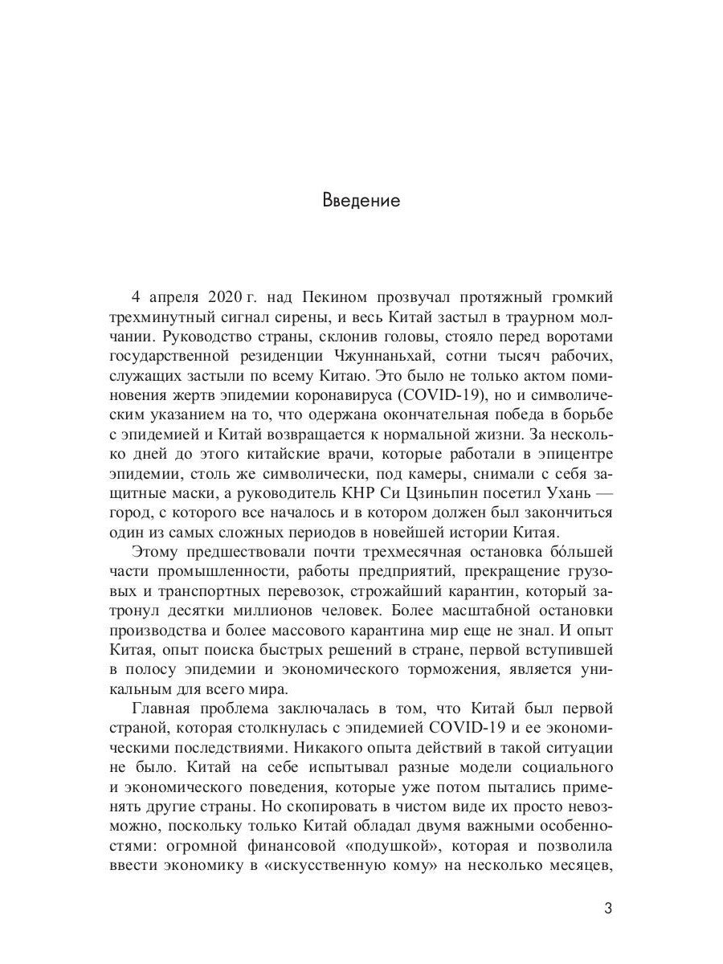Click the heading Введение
click(x=361, y=200)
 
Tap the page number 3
click(x=607, y=909)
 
